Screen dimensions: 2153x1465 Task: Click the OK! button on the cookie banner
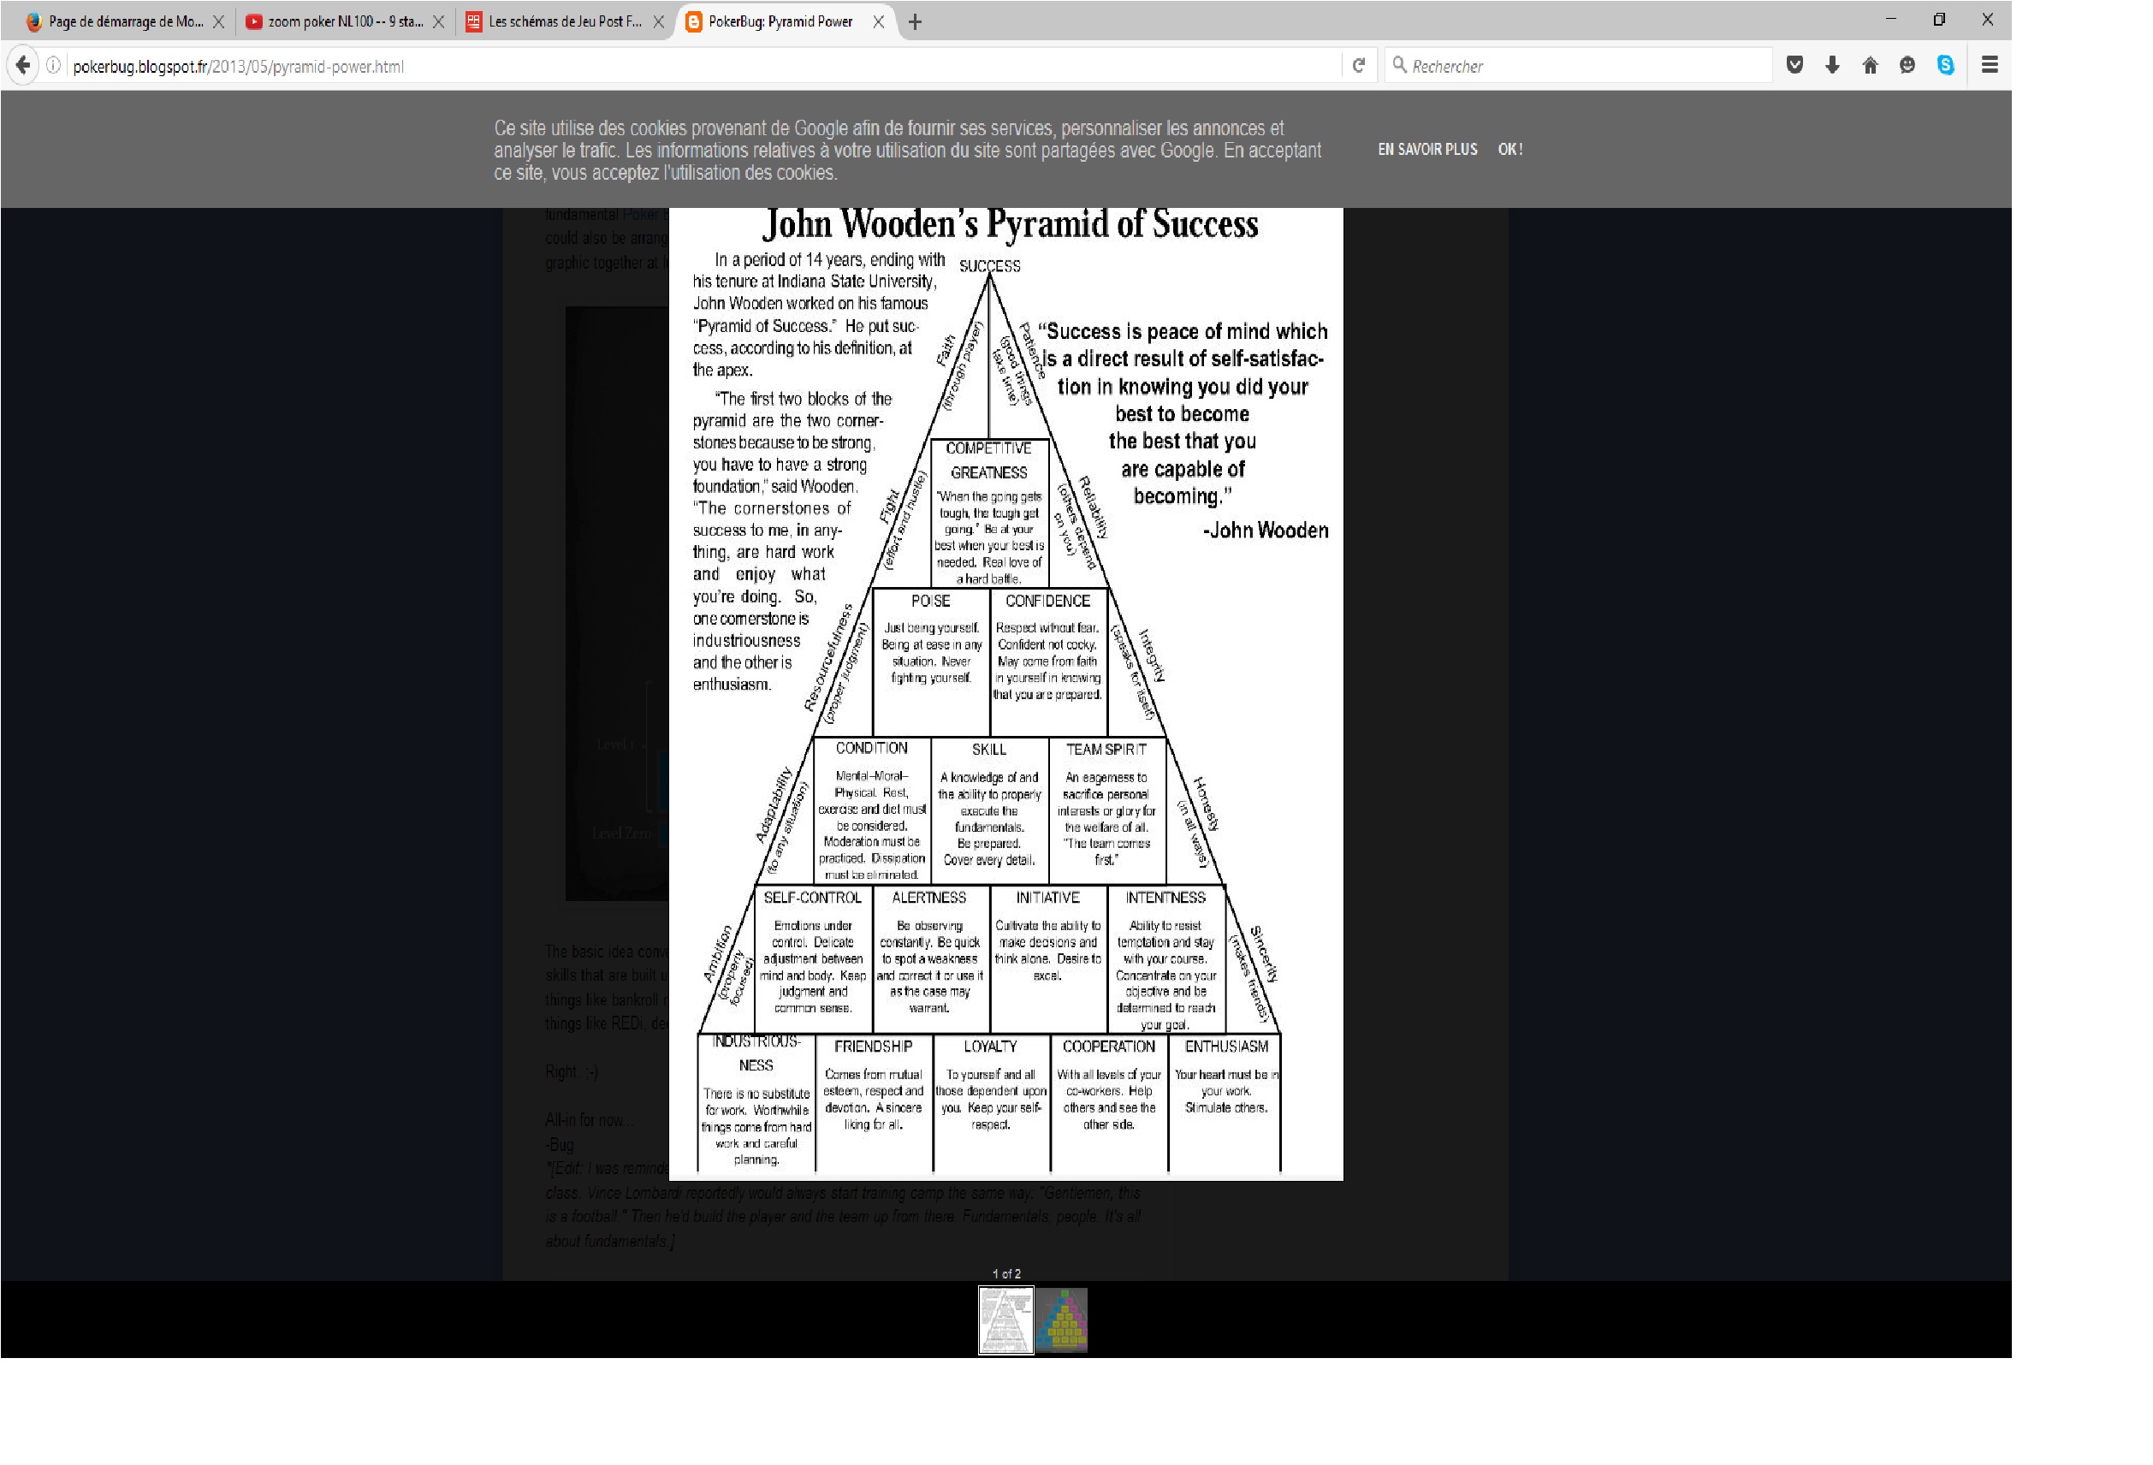1509,149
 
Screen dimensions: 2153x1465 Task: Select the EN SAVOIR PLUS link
1426,149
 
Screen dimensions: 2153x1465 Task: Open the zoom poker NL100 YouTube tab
345,21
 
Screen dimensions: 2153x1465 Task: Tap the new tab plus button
915,22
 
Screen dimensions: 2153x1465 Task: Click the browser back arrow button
23,65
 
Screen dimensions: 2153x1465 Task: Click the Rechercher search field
1584,66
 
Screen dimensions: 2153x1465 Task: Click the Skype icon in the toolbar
1944,65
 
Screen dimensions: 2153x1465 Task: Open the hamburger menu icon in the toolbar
1989,65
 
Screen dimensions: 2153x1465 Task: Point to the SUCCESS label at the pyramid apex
989,266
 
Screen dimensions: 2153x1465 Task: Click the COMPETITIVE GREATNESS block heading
988,460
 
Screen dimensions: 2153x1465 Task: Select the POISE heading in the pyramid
930,601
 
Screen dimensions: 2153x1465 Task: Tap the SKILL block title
988,749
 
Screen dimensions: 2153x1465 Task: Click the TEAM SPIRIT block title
1106,749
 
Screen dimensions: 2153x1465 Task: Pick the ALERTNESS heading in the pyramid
928,897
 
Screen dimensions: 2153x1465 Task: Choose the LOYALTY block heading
990,1047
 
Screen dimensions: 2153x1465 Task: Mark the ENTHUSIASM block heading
1225,1047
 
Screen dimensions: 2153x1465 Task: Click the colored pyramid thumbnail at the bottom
1062,1320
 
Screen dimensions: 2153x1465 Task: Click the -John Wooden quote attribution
1266,530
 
